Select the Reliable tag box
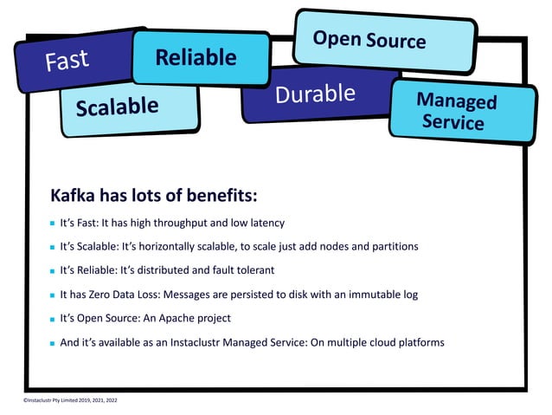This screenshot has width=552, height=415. pos(196,57)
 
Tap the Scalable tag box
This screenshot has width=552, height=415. pos(117,107)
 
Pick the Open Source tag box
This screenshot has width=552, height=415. pos(369,39)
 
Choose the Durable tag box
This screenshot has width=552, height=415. pos(315,94)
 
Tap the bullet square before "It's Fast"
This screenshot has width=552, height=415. pos(52,224)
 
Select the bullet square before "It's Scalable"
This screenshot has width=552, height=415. pos(52,247)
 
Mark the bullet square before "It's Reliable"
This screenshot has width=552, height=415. pos(52,271)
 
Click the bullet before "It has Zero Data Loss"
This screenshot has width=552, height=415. pos(52,295)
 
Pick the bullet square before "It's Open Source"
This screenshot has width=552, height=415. pos(52,319)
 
